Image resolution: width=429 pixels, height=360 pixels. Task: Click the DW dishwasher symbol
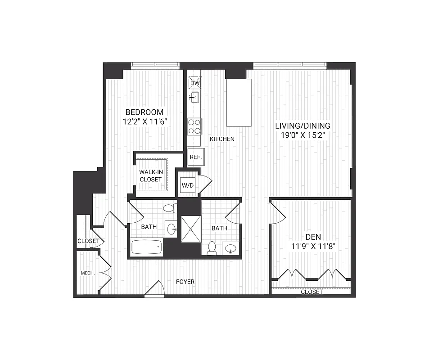point(195,83)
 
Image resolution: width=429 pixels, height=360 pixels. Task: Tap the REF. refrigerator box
point(195,157)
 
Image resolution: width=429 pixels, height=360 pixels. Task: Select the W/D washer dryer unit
point(187,184)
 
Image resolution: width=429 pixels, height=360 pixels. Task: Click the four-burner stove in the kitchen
point(194,126)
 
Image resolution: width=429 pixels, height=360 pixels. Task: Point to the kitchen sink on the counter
point(194,97)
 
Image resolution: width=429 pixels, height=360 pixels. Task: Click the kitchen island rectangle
point(239,103)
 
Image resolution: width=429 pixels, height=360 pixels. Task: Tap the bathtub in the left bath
point(146,247)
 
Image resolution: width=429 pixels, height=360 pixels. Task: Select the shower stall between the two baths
point(191,229)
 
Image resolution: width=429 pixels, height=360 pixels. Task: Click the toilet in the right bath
point(212,248)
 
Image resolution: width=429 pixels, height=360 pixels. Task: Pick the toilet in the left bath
point(170,208)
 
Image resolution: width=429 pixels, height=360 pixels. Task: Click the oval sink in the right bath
point(231,248)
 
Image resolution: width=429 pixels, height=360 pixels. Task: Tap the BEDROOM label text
point(144,112)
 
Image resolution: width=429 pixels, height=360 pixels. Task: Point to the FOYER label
point(185,282)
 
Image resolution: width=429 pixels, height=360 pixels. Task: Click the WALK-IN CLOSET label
point(150,175)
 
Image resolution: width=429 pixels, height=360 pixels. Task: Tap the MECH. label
point(87,273)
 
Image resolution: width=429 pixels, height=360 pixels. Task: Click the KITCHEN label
point(222,139)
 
